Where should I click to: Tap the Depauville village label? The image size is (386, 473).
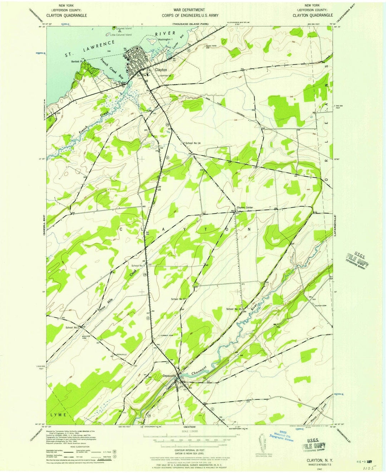pos(169,376)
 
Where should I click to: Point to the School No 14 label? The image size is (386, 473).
pos(193,143)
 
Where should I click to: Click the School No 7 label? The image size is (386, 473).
pos(138,265)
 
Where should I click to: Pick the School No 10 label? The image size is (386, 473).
pos(234,309)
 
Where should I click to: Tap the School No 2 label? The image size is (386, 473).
pos(72,327)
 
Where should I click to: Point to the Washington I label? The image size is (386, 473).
pos(165,39)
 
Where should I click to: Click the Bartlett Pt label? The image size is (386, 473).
pos(76,61)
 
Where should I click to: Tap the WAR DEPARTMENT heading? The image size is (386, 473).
pos(189,10)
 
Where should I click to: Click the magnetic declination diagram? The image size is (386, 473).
pos(262,441)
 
